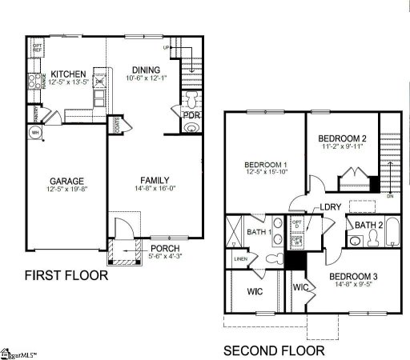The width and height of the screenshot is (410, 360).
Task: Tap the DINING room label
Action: click(147, 70)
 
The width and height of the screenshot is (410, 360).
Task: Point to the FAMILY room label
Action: click(155, 180)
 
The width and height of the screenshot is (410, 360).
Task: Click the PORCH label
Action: click(166, 247)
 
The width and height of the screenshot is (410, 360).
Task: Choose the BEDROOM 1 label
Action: click(265, 166)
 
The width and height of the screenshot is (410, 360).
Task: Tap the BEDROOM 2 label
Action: click(342, 137)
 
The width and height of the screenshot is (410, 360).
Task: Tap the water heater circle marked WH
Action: click(35, 132)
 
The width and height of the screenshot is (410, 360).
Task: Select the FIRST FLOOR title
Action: click(66, 276)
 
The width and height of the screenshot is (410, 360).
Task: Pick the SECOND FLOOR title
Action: click(273, 350)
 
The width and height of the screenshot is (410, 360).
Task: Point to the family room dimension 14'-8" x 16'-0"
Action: click(155, 190)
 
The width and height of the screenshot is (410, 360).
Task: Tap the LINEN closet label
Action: click(239, 259)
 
